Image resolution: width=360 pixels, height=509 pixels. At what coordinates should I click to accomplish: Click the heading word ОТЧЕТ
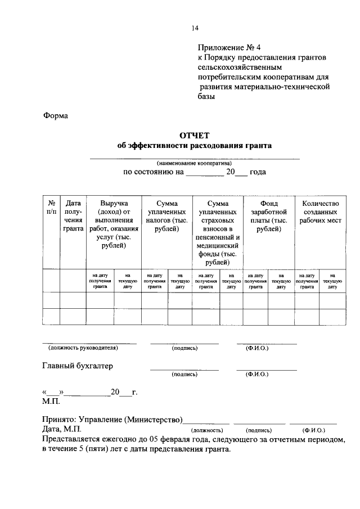(194, 135)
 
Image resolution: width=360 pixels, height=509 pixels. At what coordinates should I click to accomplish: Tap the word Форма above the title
(55, 116)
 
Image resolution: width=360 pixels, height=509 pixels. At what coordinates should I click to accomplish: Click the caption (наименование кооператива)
(194, 163)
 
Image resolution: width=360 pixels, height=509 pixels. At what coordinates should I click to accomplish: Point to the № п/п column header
(51, 208)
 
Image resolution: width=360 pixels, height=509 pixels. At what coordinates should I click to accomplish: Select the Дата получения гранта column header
(73, 216)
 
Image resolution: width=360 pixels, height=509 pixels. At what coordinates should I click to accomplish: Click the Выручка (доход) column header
(114, 224)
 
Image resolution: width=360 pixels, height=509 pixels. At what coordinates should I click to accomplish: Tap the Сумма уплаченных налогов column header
(166, 216)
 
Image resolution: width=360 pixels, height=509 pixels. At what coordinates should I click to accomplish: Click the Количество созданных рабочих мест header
(320, 212)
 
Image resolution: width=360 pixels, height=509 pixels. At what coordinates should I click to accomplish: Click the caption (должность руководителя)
(83, 348)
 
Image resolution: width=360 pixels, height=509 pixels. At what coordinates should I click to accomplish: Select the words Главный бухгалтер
(78, 366)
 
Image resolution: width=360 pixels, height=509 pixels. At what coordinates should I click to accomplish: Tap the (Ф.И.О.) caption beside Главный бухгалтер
(257, 374)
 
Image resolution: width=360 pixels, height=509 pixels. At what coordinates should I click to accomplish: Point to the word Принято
(61, 420)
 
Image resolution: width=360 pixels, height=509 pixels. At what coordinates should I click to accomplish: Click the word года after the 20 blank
(258, 172)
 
